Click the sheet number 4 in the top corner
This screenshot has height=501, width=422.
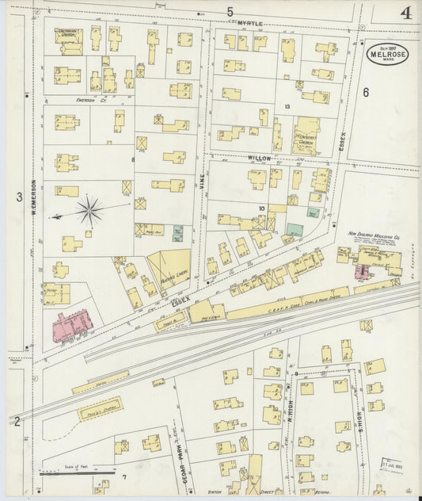click(405, 13)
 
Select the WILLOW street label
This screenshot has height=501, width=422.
click(258, 159)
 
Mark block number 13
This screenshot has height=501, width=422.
click(287, 105)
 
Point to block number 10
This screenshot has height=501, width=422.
click(260, 208)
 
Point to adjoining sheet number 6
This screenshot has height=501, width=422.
click(367, 93)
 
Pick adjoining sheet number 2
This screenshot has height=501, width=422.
click(17, 420)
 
